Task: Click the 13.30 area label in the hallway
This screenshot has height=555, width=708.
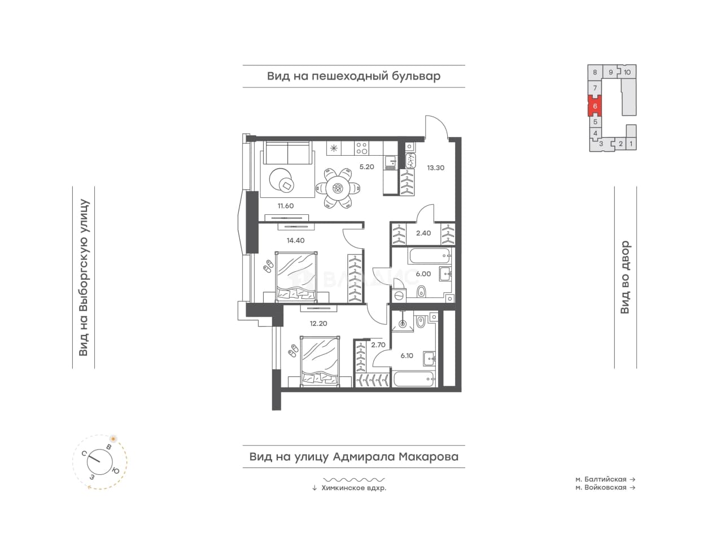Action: click(436, 168)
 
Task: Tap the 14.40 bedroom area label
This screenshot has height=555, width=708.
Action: click(295, 240)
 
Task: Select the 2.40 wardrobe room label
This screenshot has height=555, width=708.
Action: click(423, 233)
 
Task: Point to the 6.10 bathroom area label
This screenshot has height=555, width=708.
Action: click(407, 356)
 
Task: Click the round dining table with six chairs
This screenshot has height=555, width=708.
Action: click(338, 188)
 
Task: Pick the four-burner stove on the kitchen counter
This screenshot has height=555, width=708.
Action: click(362, 148)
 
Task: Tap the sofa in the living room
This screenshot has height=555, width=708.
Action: click(288, 153)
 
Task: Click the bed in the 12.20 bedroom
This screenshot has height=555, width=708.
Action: click(320, 362)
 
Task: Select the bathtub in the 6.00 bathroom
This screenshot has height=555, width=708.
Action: click(429, 256)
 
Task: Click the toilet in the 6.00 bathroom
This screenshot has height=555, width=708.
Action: click(421, 292)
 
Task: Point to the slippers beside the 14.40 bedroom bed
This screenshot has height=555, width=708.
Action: click(268, 266)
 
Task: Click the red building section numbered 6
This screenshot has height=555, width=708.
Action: click(595, 106)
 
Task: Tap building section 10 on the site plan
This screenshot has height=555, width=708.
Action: click(627, 72)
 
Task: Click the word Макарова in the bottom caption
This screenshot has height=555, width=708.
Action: click(428, 457)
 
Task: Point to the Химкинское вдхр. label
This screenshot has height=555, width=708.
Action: click(353, 488)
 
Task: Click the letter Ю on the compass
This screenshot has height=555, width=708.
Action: click(115, 471)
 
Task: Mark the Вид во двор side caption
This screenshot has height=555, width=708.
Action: click(625, 277)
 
